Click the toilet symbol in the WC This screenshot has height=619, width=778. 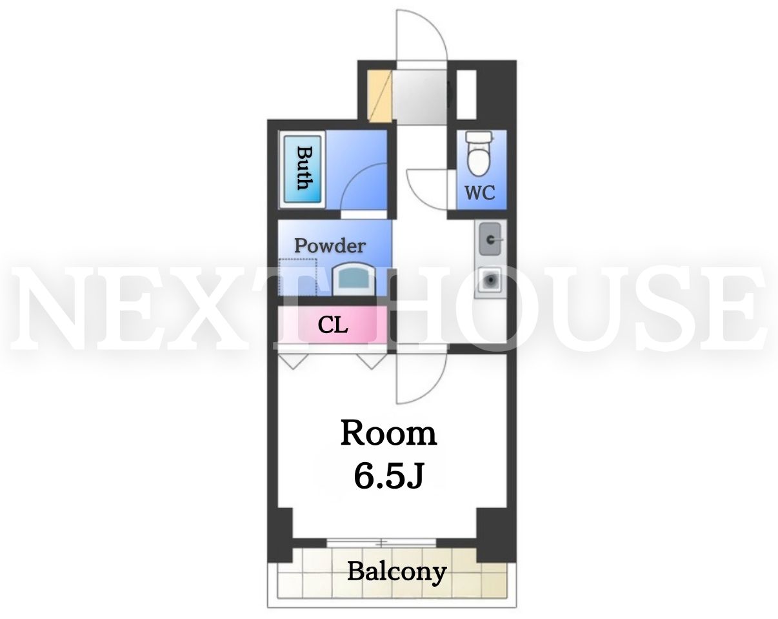pyautogui.click(x=479, y=154)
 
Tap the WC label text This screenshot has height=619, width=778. pyautogui.click(x=480, y=193)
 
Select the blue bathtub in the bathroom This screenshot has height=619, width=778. pyautogui.click(x=303, y=169)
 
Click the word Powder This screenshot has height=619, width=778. pyautogui.click(x=330, y=246)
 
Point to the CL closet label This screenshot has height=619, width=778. pyautogui.click(x=333, y=325)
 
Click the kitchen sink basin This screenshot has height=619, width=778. pyautogui.click(x=490, y=239)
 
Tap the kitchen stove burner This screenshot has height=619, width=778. pyautogui.click(x=490, y=279)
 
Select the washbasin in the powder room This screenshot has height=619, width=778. pyautogui.click(x=354, y=279)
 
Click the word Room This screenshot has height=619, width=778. pyautogui.click(x=388, y=433)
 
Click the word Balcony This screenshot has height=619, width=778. pyautogui.click(x=397, y=572)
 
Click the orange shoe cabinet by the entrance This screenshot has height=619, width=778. pyautogui.click(x=379, y=96)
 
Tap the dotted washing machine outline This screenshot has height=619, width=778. pyautogui.click(x=298, y=277)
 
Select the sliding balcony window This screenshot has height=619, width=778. pyautogui.click(x=382, y=543)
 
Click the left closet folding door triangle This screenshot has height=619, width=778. pyautogui.click(x=294, y=361)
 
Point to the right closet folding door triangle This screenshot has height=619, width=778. pyautogui.click(x=372, y=361)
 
